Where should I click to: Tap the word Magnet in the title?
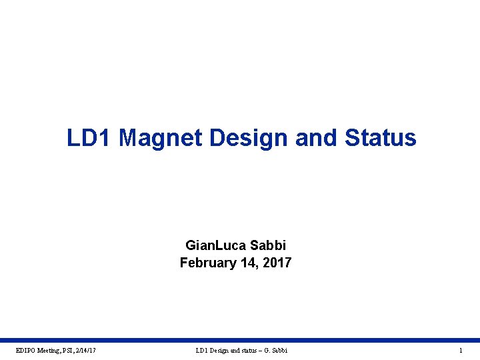161,138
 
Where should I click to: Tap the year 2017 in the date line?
277,263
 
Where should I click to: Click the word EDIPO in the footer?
26,350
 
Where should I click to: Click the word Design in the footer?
220,350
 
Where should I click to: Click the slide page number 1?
461,350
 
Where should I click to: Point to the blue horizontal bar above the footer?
240,340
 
